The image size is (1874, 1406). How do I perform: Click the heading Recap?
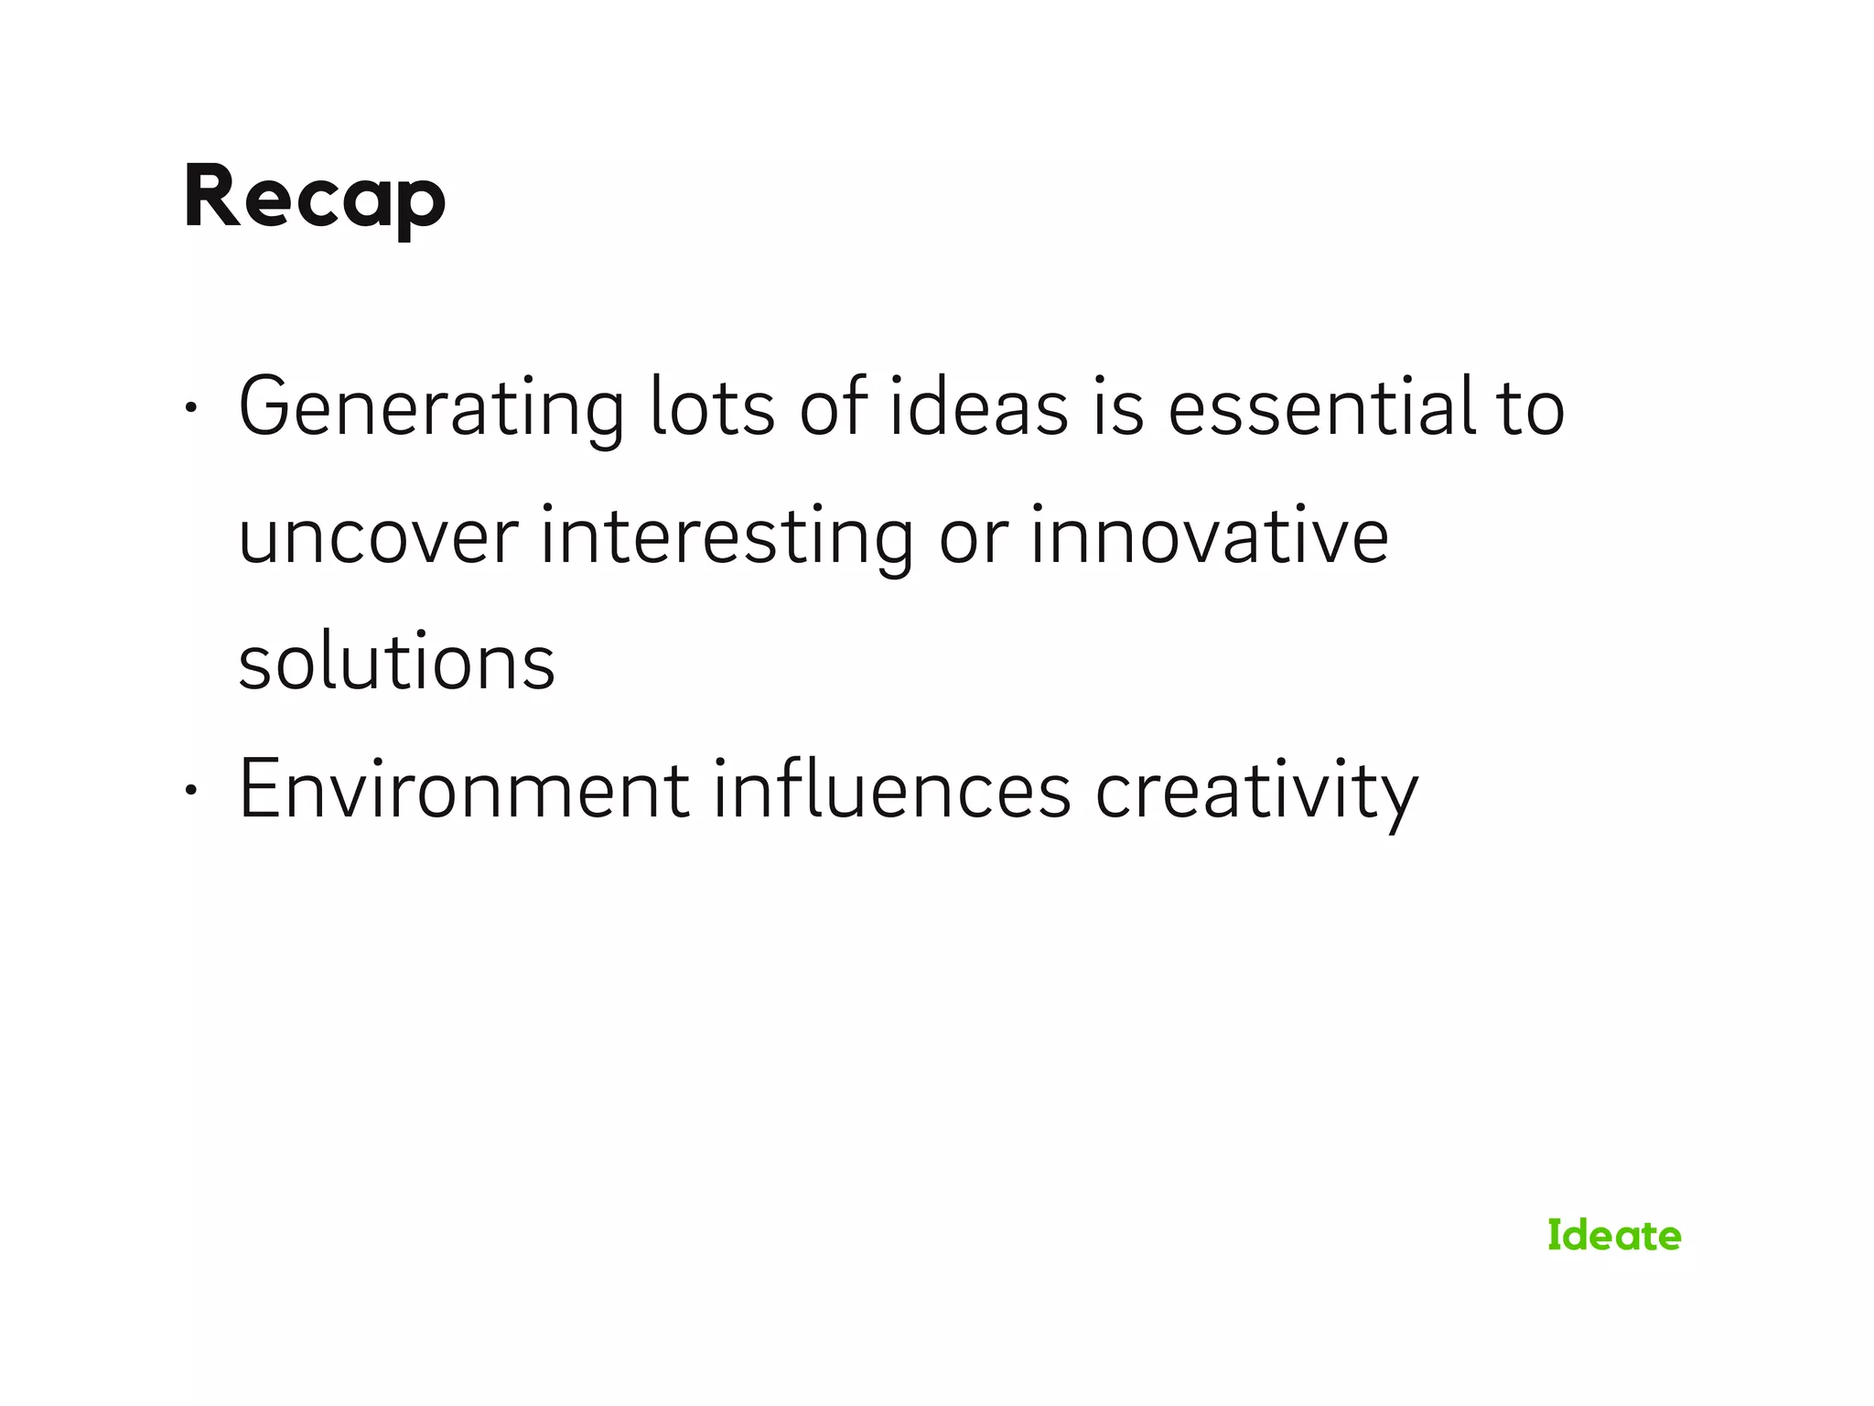(x=315, y=199)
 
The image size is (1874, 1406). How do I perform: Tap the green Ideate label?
(x=1614, y=1235)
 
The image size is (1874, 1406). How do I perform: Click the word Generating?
(x=431, y=408)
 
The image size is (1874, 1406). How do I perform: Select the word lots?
(x=712, y=408)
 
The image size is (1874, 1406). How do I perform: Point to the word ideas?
(x=978, y=408)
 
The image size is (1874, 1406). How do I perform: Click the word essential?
(x=1321, y=408)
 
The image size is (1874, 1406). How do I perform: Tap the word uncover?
(x=378, y=537)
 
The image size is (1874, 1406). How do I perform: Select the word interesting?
(x=727, y=537)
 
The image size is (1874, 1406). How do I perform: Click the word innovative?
(x=1210, y=537)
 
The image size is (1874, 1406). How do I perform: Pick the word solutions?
(x=396, y=663)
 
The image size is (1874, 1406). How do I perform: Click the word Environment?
(x=464, y=790)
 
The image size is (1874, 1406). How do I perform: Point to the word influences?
(x=891, y=790)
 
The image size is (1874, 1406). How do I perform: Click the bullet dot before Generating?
(x=189, y=408)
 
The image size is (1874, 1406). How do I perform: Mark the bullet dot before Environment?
(x=189, y=790)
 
